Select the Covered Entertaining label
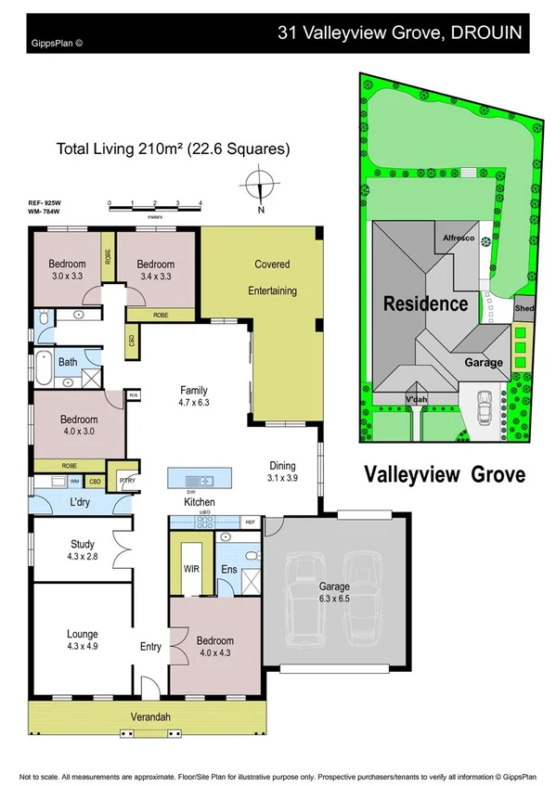click(272, 277)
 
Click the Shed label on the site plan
click(524, 308)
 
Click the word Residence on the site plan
click(426, 303)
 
